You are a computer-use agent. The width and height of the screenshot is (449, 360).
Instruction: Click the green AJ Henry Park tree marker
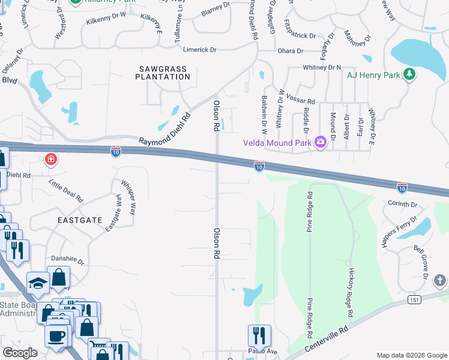(409, 75)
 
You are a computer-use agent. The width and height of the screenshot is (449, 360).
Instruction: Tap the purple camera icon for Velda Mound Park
(320, 142)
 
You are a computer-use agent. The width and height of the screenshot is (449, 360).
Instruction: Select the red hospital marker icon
(51, 159)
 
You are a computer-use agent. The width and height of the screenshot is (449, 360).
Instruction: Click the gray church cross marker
(440, 280)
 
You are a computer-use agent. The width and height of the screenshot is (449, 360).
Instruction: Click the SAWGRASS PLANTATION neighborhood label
(162, 73)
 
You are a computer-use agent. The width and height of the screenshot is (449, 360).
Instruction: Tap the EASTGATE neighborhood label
(79, 220)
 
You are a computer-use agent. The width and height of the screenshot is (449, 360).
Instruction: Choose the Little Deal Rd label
(66, 190)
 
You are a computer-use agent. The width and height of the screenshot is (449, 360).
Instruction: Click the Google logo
(20, 353)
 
